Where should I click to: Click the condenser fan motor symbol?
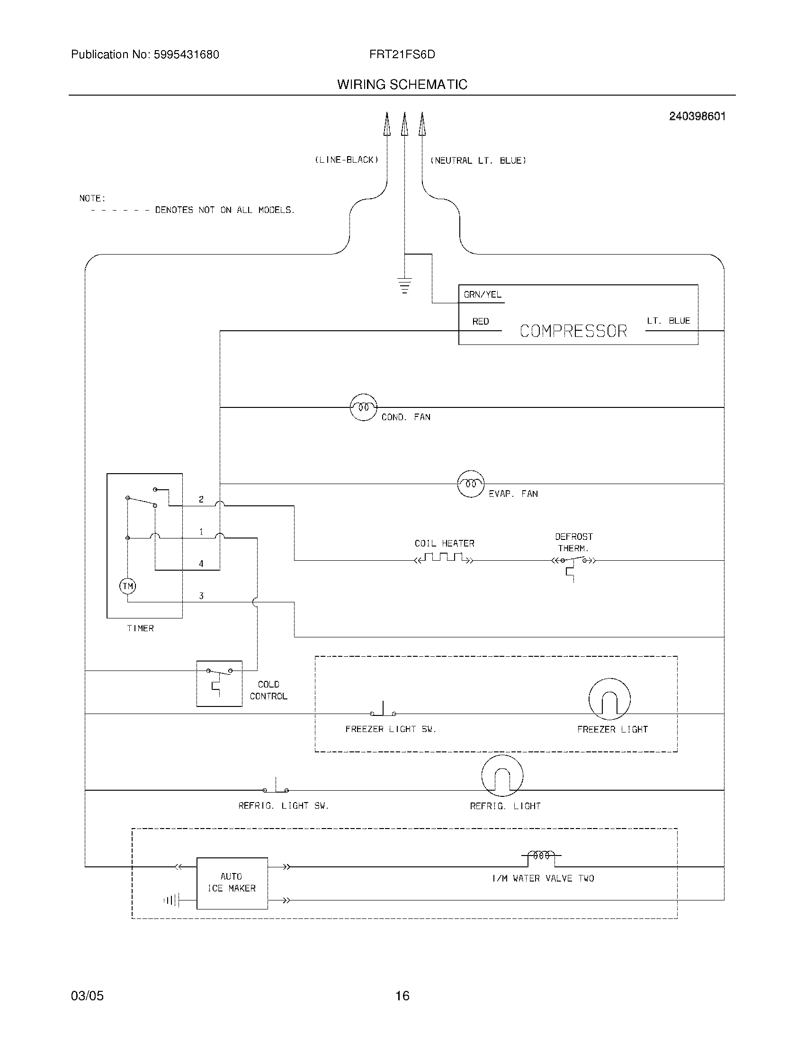coord(363,407)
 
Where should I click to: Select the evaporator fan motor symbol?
coord(471,484)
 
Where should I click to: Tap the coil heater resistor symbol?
coord(444,558)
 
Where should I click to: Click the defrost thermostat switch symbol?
coord(574,563)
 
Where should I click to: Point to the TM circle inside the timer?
coord(127,586)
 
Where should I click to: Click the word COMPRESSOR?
coord(573,331)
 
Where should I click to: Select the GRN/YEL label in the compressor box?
coord(482,295)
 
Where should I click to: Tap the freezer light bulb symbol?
coord(609,699)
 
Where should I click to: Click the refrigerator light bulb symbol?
coord(502,776)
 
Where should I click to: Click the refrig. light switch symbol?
coord(276,786)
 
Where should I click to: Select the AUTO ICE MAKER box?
coord(232,883)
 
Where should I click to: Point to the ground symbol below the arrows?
coord(404,285)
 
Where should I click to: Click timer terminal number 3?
coord(201,596)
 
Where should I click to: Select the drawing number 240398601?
coord(697,116)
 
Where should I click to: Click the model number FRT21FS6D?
coord(402,54)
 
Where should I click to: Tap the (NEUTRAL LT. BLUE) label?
coord(478,160)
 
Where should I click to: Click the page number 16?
coord(402,996)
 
